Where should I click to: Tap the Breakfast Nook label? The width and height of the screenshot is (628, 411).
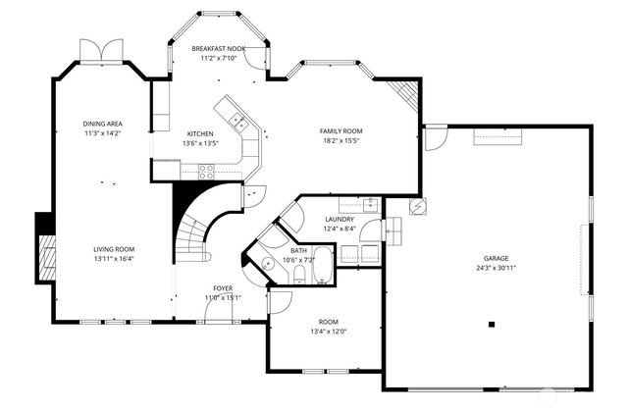pyautogui.click(x=218, y=48)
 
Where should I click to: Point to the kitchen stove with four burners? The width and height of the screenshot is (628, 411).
pyautogui.click(x=207, y=171)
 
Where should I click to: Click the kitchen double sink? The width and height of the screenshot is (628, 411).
pyautogui.click(x=237, y=123)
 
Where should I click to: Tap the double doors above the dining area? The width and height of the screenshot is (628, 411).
pyautogui.click(x=102, y=50)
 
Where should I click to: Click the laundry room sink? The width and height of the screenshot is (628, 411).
pyautogui.click(x=371, y=204)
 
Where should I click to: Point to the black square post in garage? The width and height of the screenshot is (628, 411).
pyautogui.click(x=493, y=325)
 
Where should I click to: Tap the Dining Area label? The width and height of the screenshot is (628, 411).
pyautogui.click(x=101, y=124)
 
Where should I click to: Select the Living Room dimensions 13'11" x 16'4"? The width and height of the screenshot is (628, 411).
pyautogui.click(x=114, y=260)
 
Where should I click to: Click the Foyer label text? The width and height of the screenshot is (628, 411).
pyautogui.click(x=223, y=286)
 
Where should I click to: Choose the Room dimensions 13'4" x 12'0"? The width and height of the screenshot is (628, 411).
pyautogui.click(x=329, y=333)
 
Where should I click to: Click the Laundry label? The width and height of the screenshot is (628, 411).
pyautogui.click(x=340, y=219)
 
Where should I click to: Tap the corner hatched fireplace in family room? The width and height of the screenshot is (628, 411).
pyautogui.click(x=406, y=94)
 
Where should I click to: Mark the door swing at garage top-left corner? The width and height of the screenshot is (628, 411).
pyautogui.click(x=434, y=135)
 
